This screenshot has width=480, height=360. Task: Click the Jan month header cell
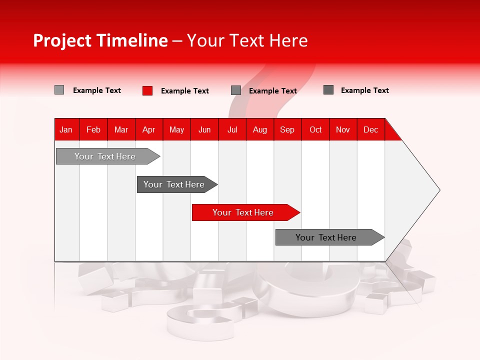point(66,129)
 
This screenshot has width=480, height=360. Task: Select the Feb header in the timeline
point(93,129)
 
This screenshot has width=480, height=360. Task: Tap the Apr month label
point(148,129)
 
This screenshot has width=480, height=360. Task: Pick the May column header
point(176,129)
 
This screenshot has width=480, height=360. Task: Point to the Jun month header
point(204,129)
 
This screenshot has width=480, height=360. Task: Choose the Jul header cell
point(232,129)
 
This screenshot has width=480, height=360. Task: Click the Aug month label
point(260,129)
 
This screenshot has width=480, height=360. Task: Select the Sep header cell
point(287,129)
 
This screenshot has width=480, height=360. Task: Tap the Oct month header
point(315,129)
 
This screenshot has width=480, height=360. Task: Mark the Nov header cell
point(343,129)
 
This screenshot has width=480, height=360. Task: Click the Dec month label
point(370,129)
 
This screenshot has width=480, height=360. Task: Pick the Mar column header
point(121,129)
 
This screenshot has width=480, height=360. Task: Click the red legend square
point(147,90)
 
